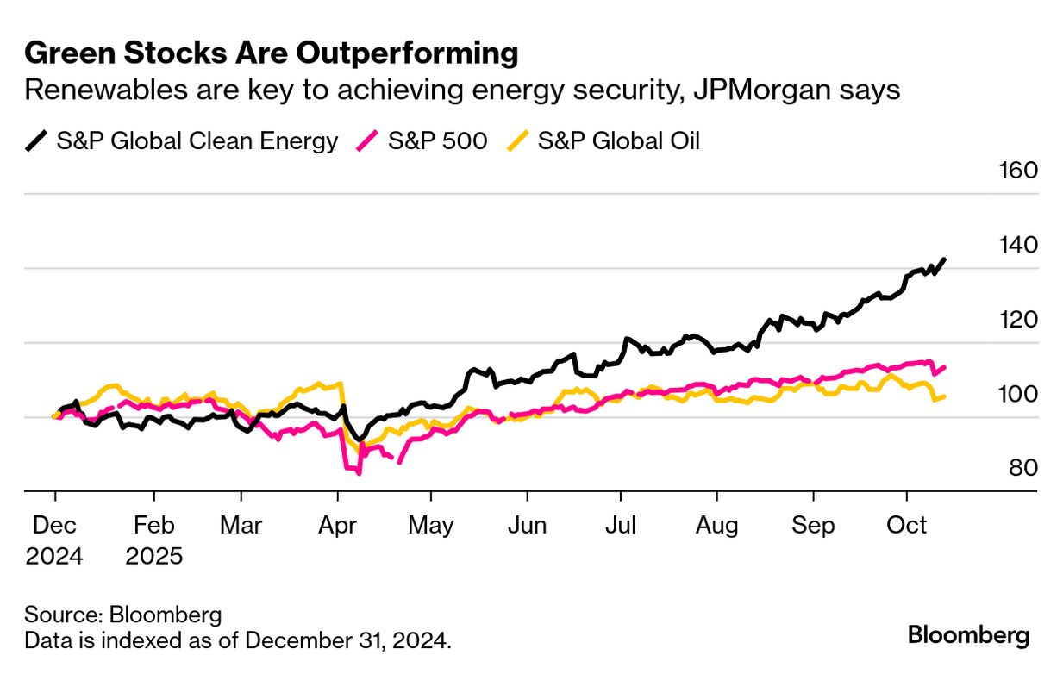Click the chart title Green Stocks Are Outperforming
click(271, 53)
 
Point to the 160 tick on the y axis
click(1017, 171)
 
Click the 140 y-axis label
click(1017, 246)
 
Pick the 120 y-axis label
click(1017, 320)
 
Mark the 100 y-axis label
click(1017, 395)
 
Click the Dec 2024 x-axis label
click(54, 540)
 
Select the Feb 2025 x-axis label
click(154, 540)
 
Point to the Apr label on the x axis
click(338, 525)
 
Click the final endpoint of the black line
click(945, 259)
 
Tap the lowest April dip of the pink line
click(359, 473)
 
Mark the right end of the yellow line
click(945, 396)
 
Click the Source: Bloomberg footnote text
click(123, 615)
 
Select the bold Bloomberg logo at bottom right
click(968, 636)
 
